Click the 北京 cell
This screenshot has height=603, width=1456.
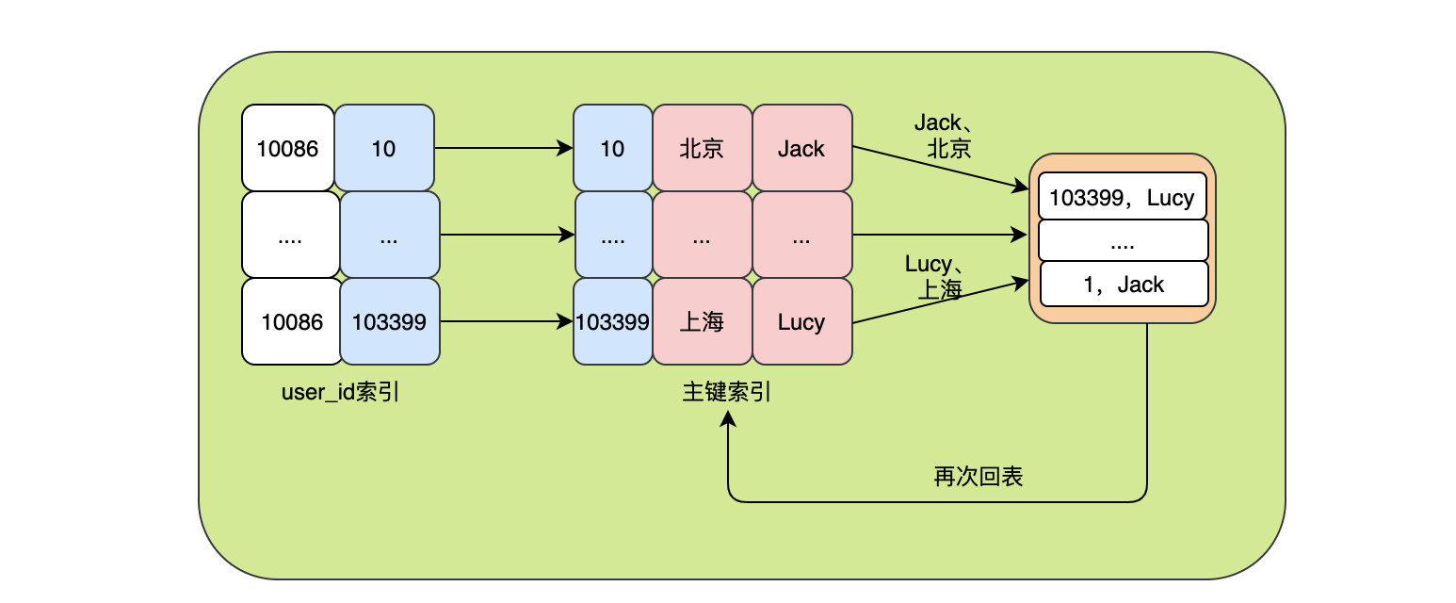tap(702, 149)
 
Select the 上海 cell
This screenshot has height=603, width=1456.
tap(702, 322)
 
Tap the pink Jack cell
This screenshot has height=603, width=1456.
tap(801, 149)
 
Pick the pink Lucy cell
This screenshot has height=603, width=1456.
tap(801, 322)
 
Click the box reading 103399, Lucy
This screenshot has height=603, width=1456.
tap(1122, 198)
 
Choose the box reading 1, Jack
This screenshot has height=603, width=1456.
tap(1124, 285)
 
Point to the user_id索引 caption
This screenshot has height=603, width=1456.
tap(341, 392)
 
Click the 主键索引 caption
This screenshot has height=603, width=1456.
tap(727, 392)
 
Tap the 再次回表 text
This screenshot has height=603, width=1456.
tap(978, 477)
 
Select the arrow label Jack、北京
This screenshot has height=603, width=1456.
tap(949, 135)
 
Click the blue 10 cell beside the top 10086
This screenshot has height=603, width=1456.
tap(383, 149)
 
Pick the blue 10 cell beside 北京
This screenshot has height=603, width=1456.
tap(612, 149)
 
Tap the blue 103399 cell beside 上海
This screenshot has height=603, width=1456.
tap(612, 322)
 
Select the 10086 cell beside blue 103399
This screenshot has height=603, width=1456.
tap(292, 322)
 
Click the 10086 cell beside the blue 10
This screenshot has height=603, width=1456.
tap(288, 149)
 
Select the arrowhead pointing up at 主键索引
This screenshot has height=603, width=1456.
tap(728, 424)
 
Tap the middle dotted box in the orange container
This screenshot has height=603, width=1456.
tap(1123, 241)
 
